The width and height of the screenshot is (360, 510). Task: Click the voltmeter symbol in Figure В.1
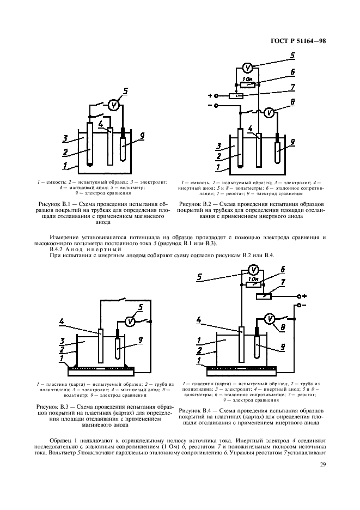point(113,106)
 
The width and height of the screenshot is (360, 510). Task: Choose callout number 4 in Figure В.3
point(62,323)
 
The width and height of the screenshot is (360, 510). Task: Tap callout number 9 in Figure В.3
point(141,339)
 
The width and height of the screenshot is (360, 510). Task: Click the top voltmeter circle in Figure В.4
point(251,269)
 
